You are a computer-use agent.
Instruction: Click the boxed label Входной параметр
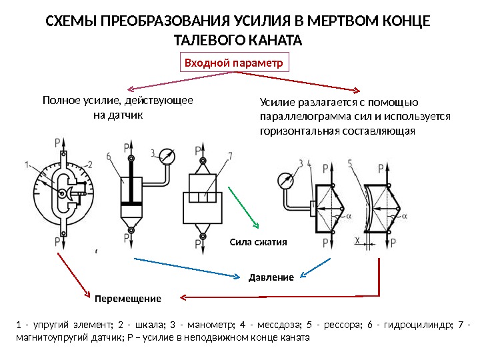(x=235, y=63)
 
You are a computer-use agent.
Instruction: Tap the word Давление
(x=271, y=277)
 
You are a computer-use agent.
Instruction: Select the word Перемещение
(x=128, y=297)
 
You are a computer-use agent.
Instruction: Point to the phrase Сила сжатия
(x=258, y=242)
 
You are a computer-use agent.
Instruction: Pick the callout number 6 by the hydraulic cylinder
(x=108, y=157)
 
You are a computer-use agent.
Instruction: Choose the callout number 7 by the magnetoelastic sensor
(x=229, y=156)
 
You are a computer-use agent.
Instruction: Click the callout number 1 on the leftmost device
(x=25, y=164)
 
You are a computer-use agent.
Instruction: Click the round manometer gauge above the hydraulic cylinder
(x=167, y=158)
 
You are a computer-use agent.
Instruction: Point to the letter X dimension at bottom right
(x=357, y=240)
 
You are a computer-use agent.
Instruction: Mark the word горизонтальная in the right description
(x=297, y=131)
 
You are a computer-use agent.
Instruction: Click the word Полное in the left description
(x=59, y=101)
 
